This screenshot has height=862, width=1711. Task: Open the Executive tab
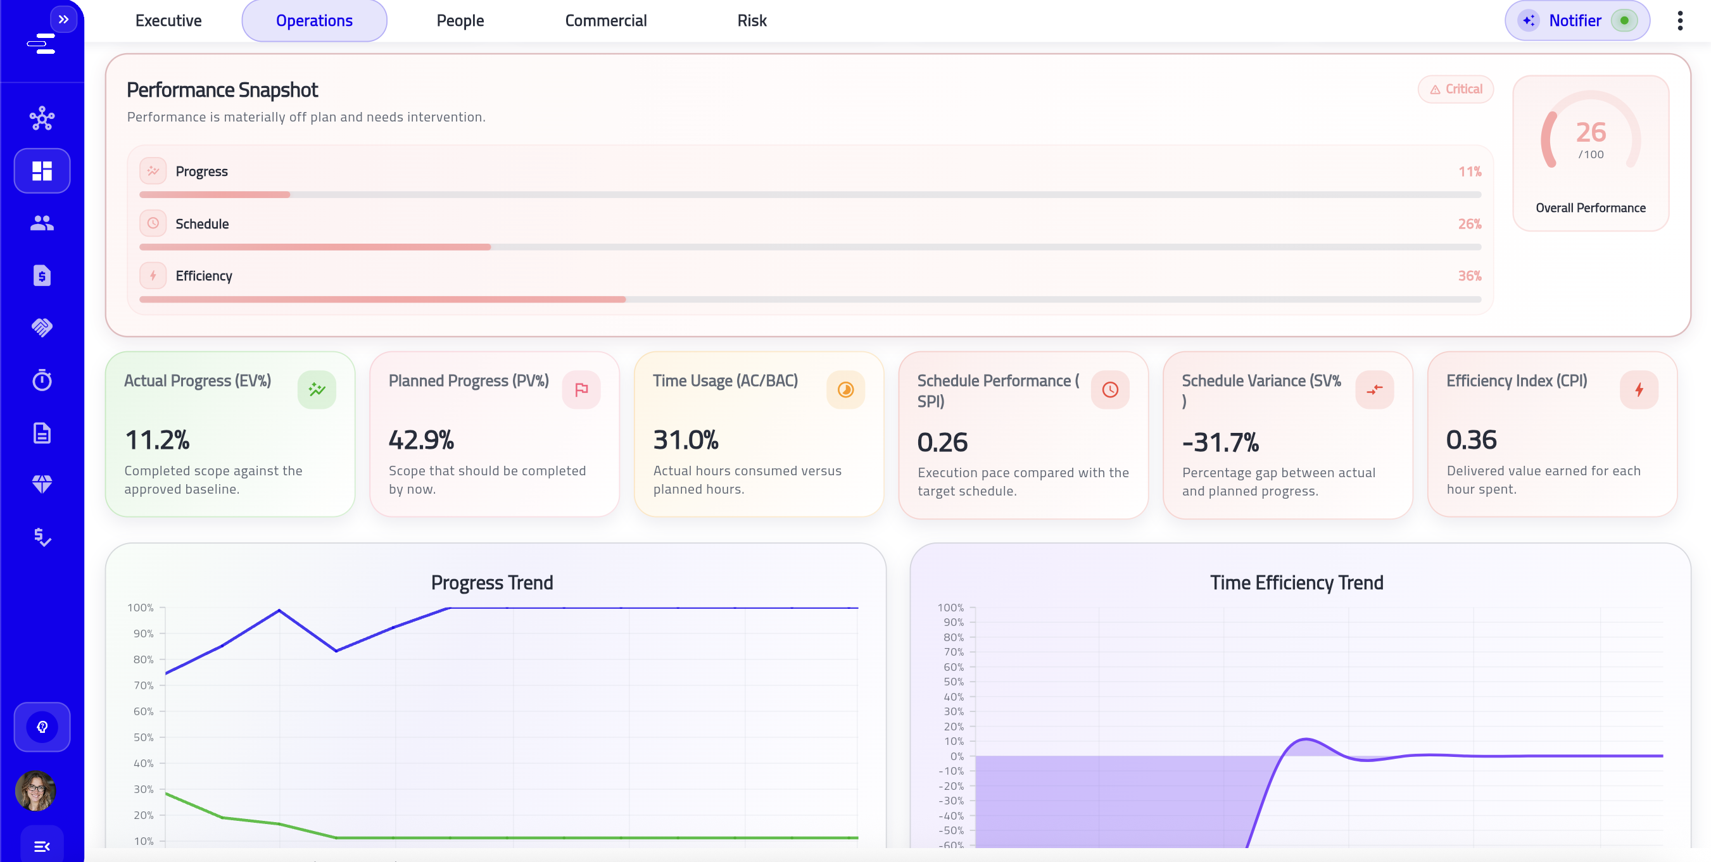168,21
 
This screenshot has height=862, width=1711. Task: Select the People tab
460,21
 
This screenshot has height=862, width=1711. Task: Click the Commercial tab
605,21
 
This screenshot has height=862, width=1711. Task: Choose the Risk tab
751,21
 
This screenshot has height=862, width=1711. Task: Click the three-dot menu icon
1680,21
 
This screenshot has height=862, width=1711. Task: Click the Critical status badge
1455,89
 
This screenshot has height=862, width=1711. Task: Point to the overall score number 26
1590,132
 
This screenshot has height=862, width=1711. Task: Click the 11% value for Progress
1469,172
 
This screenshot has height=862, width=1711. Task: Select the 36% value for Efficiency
1469,275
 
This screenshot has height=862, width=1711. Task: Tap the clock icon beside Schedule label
153,223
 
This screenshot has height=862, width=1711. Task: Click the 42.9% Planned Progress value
421,440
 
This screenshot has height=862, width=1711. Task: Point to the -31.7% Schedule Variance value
1220,442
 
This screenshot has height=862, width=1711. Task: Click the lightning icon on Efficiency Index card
1639,390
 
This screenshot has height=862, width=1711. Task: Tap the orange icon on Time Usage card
845,390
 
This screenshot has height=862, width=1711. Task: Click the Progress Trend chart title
491,582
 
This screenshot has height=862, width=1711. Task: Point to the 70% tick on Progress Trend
144,685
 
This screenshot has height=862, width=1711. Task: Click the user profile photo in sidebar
35,790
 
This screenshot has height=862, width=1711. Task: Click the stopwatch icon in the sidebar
42,380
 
